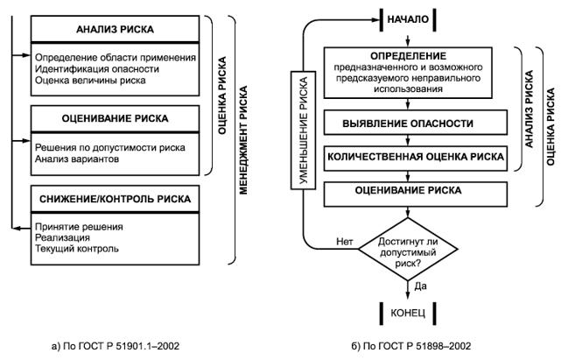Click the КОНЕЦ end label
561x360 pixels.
407,311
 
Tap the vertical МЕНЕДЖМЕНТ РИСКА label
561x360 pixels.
244,138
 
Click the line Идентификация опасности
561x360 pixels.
90,68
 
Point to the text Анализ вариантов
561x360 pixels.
80,159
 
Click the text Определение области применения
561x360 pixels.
114,56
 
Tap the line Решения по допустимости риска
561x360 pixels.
109,147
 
